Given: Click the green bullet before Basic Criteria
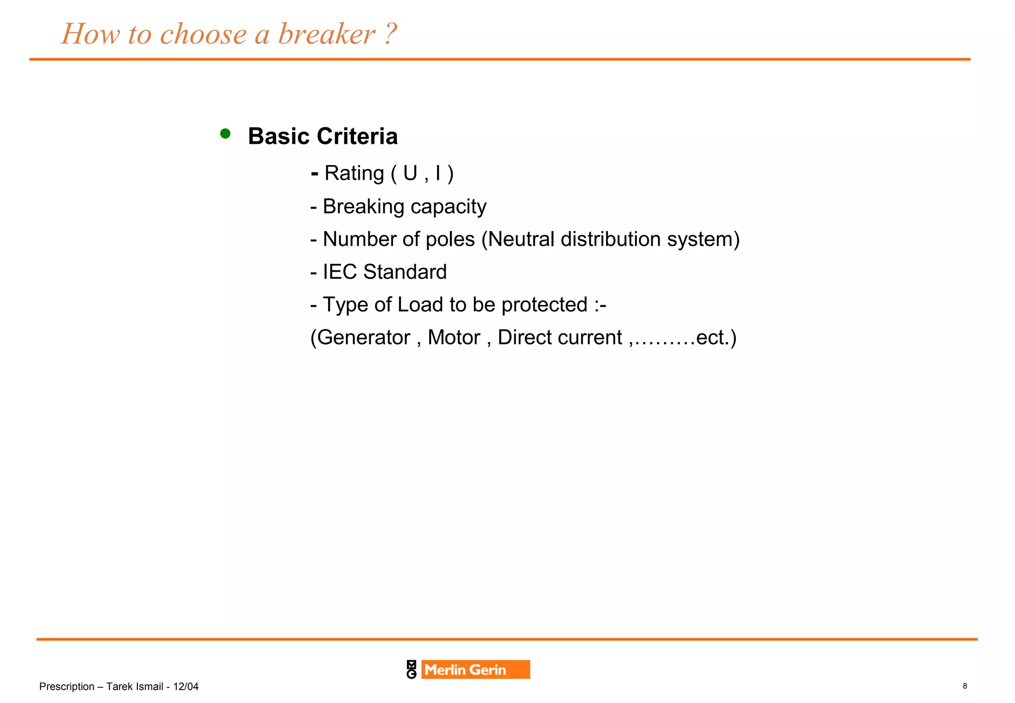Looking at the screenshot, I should coord(225,133).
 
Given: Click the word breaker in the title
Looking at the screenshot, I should coord(327,34).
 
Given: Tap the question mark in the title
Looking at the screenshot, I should coord(391,34).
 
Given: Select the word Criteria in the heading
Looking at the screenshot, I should coord(357,136).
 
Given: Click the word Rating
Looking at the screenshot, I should coord(354,174).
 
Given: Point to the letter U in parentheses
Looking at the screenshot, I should coord(410,174).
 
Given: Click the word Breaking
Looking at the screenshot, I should coord(363,207).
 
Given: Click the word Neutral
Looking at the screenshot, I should coord(521,239).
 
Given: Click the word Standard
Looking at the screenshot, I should coord(404,272).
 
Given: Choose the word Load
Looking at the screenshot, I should coord(420,305).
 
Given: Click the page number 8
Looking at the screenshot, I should coord(964,686).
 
